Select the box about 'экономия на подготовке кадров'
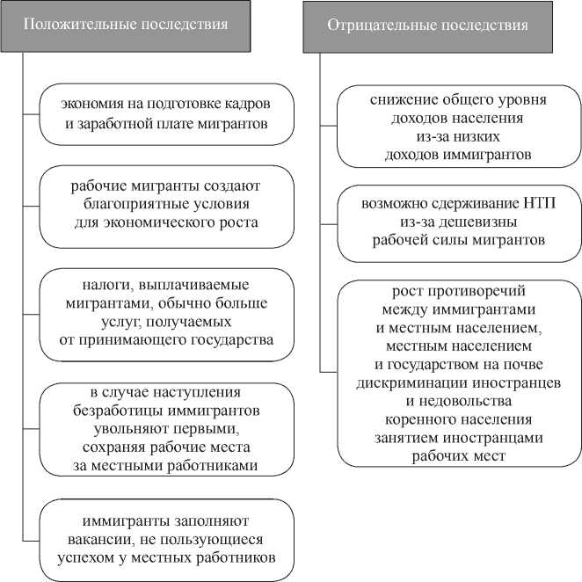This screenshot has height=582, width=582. point(165,113)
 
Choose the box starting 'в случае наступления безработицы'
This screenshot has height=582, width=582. point(165,428)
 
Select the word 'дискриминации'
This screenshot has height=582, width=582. point(404,383)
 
